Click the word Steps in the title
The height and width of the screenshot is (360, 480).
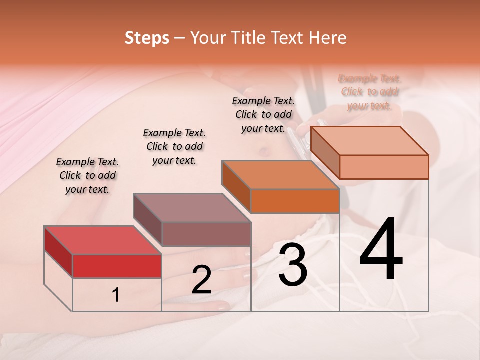(x=147, y=38)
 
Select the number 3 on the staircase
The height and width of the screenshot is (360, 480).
(x=293, y=266)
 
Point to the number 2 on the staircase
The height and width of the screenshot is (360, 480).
(x=201, y=280)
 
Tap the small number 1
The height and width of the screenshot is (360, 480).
(x=116, y=295)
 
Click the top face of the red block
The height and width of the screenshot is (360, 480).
(x=102, y=240)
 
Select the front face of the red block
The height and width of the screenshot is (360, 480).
(x=117, y=266)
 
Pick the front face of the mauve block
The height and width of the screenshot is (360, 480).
(x=206, y=234)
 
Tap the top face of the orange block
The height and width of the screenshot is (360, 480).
(x=280, y=175)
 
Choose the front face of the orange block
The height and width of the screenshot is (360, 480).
(x=295, y=201)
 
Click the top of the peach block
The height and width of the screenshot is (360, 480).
(x=370, y=141)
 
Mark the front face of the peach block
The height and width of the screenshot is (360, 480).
(x=384, y=167)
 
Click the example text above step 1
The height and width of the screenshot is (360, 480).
(x=87, y=175)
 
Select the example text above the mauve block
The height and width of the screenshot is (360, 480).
(x=174, y=146)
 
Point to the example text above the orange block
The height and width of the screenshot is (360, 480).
(x=263, y=114)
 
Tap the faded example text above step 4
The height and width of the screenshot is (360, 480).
(x=370, y=92)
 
